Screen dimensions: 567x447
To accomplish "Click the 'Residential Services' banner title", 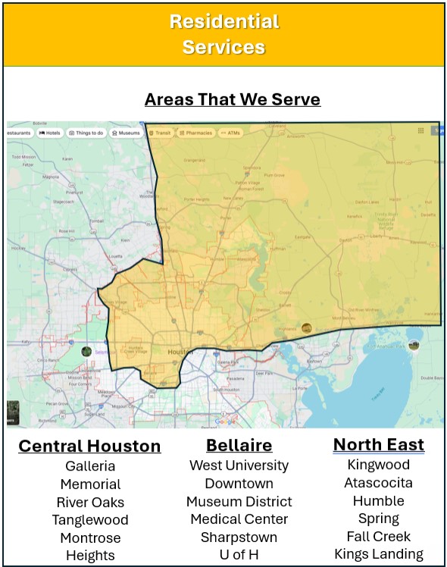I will (223, 34).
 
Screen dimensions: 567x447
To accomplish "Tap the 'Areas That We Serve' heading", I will (233, 99).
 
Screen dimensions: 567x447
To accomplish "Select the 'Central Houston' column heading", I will (89, 446).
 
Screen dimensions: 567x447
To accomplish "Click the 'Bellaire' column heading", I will (239, 445).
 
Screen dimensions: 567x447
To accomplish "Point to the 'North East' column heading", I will (378, 444).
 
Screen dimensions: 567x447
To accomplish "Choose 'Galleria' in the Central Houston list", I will (90, 465).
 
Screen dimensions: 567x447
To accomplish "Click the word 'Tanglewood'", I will (90, 519).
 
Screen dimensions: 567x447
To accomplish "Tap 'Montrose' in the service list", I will (90, 537).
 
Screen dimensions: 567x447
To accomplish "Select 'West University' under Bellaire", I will (239, 465).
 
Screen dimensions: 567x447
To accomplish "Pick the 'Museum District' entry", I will (239, 501).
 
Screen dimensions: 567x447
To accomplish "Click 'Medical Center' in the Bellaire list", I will (239, 519).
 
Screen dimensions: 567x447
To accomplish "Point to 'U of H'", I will (239, 555).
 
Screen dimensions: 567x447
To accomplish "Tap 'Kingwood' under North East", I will (378, 465).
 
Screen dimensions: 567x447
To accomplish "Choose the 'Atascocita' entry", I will (378, 483).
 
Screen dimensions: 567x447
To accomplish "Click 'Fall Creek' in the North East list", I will (378, 536).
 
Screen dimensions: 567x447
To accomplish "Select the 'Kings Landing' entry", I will (378, 554).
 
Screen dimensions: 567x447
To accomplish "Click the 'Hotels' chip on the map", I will (50, 133).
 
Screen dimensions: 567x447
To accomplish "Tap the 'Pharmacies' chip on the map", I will (196, 133).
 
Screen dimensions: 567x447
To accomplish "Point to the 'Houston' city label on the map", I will (180, 352).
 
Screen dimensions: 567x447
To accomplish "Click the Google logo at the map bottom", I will (225, 421).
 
